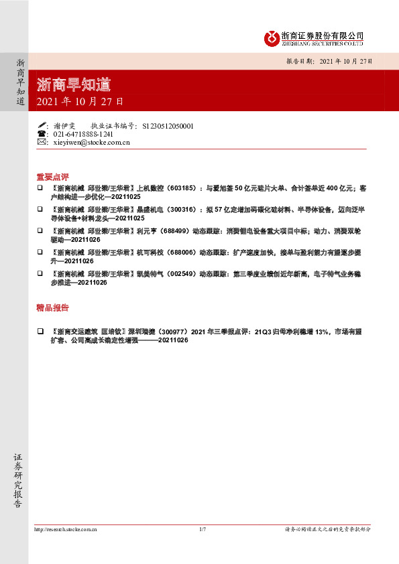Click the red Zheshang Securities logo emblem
click(272, 38)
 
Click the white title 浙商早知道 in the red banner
click(74, 85)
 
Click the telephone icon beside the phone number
click(42, 134)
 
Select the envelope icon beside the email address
click(42, 143)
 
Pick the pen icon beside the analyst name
click(42, 125)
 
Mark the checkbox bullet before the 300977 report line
click(40, 331)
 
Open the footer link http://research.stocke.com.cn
click(66, 529)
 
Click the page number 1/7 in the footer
click(203, 529)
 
